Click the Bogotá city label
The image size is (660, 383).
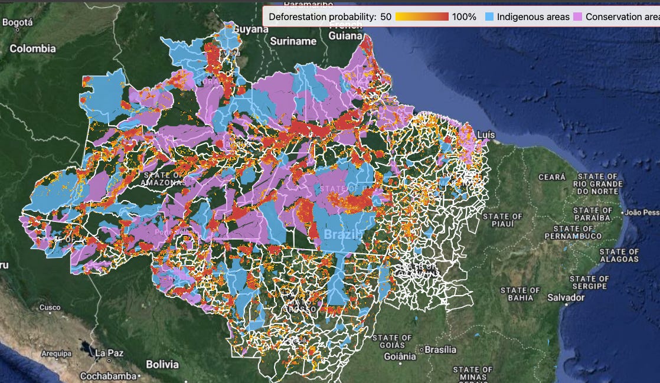[18, 22]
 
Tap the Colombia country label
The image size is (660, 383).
[32, 48]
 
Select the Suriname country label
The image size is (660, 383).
[293, 41]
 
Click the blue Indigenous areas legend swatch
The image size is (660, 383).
[489, 17]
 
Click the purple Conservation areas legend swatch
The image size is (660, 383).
[579, 17]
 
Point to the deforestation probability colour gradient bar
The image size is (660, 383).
[422, 17]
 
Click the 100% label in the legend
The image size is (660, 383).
[464, 17]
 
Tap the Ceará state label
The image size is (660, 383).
[551, 177]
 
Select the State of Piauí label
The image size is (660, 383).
[502, 221]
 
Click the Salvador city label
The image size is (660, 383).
[566, 297]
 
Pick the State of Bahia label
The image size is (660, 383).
[520, 294]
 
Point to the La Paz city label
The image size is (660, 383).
[110, 353]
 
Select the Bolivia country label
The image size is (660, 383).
[162, 364]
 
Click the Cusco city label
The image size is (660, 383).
[50, 307]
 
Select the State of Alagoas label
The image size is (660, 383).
[619, 256]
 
